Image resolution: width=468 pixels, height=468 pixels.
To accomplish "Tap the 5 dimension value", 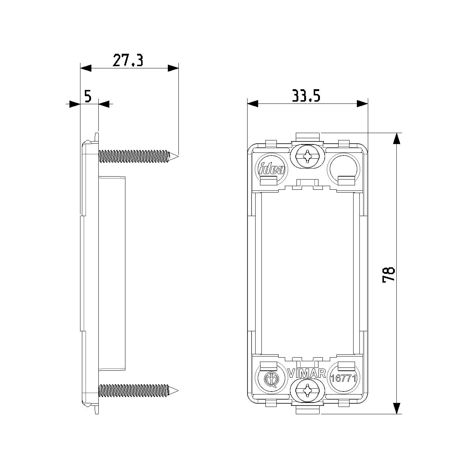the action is coord(88,96).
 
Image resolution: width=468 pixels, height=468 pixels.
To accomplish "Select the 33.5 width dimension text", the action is coord(306,96).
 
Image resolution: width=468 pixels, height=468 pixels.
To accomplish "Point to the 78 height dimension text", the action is coord(388,275).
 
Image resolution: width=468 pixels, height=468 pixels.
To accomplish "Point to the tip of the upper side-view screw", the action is coord(178,156).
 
